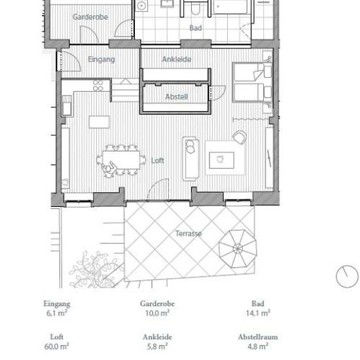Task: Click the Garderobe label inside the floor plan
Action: (x=90, y=17)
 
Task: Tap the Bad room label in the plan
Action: (x=196, y=28)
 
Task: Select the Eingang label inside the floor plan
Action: (x=101, y=60)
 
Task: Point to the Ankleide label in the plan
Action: (x=177, y=59)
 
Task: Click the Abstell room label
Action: (x=177, y=97)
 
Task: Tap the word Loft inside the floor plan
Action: (x=158, y=160)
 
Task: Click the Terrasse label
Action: (x=189, y=234)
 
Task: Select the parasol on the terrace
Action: (x=238, y=249)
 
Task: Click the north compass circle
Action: (x=347, y=276)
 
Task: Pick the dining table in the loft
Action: (x=121, y=160)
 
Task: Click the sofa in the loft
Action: (x=190, y=158)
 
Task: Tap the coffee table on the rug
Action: (x=221, y=160)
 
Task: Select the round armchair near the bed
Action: (x=240, y=137)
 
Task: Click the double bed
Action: (x=252, y=82)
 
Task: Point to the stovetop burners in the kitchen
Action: (x=98, y=85)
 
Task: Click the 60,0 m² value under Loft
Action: (x=56, y=346)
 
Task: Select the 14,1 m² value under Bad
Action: (x=258, y=313)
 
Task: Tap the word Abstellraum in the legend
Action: (x=258, y=337)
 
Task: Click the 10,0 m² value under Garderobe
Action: (x=157, y=313)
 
